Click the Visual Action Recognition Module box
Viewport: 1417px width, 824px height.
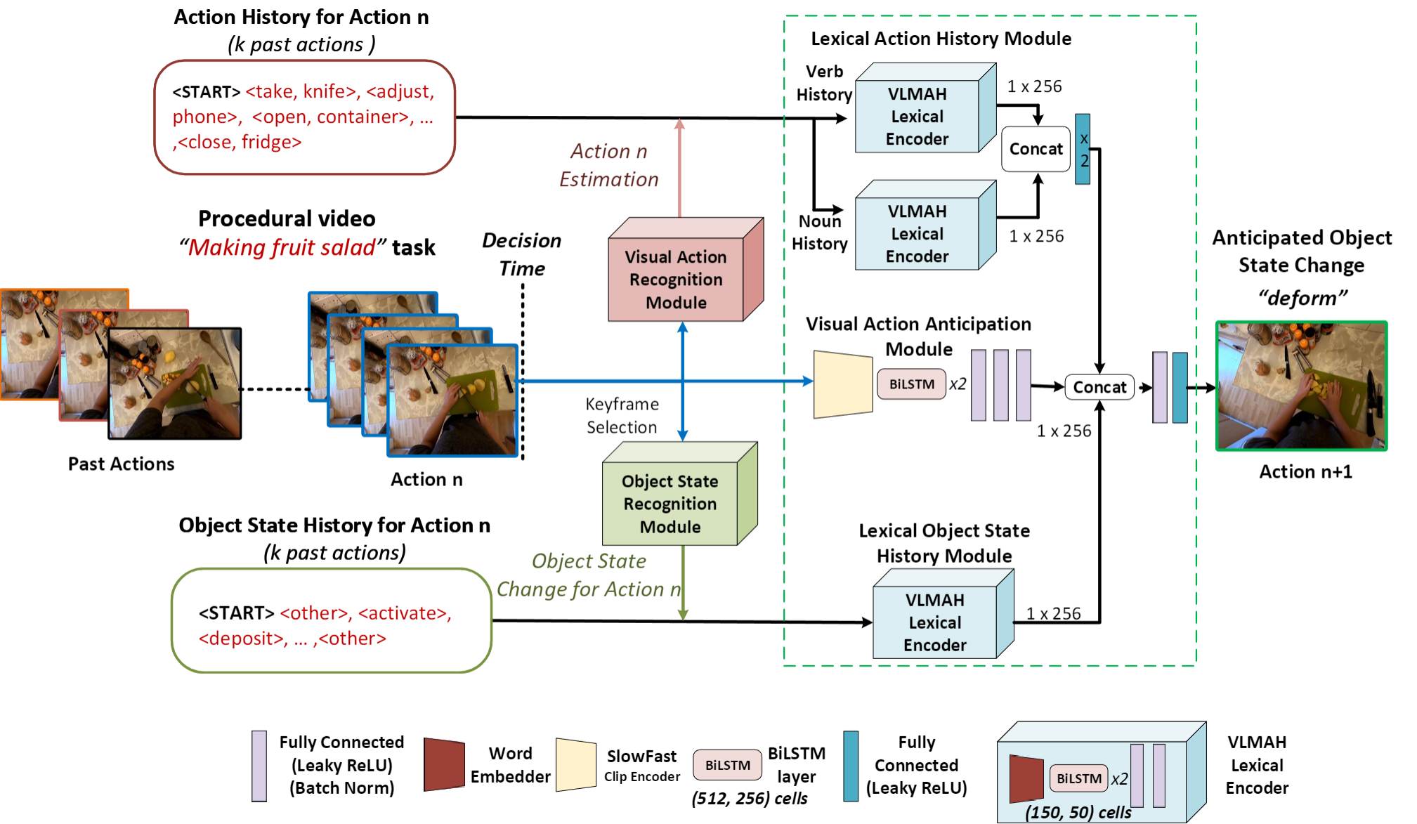pos(676,280)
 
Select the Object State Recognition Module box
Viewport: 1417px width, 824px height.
pos(670,504)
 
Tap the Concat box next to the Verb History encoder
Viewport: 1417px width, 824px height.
pos(1036,149)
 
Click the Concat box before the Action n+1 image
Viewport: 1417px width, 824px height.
pos(1099,387)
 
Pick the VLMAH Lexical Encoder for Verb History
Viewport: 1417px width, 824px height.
pos(917,116)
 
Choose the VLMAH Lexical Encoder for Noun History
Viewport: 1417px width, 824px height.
pos(917,233)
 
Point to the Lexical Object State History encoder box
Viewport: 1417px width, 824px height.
pos(934,622)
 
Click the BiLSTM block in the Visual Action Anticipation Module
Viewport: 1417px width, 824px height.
pos(911,384)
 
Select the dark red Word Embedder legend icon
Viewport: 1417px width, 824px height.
pos(444,764)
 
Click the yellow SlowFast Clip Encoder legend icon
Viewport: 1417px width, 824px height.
pos(575,764)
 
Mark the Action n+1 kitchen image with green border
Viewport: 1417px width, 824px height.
pos(1302,386)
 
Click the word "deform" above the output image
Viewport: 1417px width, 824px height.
pos(1302,298)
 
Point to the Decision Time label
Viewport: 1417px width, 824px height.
pos(522,254)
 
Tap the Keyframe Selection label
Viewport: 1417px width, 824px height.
pos(622,415)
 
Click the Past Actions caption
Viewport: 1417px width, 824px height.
pos(121,464)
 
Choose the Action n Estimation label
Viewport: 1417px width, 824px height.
pos(609,165)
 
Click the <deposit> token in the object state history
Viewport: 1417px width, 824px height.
pos(242,639)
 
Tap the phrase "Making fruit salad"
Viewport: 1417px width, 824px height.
pos(282,247)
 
